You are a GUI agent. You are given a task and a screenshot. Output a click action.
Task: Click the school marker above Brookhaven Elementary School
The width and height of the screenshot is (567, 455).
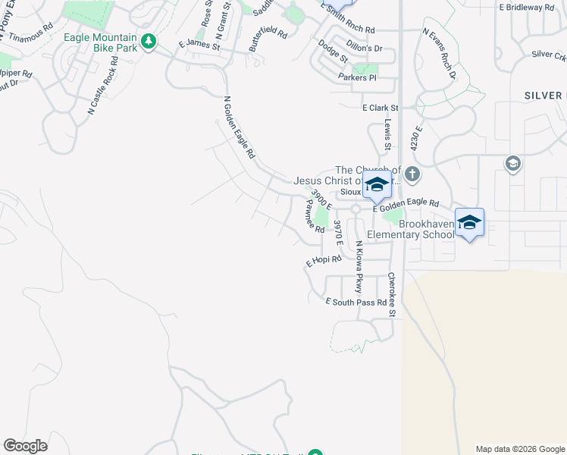click(470, 222)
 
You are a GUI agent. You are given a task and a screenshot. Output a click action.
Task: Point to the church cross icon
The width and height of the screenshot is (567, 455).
click(412, 174)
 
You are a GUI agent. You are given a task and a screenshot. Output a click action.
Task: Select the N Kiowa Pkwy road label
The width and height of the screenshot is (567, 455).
click(359, 267)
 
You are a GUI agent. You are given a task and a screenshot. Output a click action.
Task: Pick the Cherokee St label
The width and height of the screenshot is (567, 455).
click(392, 295)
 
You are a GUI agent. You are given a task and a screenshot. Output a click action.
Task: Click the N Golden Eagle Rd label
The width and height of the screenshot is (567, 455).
click(239, 127)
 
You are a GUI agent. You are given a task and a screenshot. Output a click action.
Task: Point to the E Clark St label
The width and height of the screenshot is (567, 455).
click(380, 108)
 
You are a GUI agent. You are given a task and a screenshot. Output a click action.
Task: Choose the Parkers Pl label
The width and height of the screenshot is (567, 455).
click(357, 77)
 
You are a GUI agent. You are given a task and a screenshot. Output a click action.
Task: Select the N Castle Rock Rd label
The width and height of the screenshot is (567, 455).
click(102, 90)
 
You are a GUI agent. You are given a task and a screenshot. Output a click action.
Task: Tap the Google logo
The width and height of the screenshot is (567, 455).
click(25, 446)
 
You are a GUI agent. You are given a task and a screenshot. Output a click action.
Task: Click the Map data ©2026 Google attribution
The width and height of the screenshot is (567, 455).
click(519, 449)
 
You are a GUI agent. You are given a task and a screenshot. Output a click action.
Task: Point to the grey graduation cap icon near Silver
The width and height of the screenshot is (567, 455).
click(512, 162)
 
